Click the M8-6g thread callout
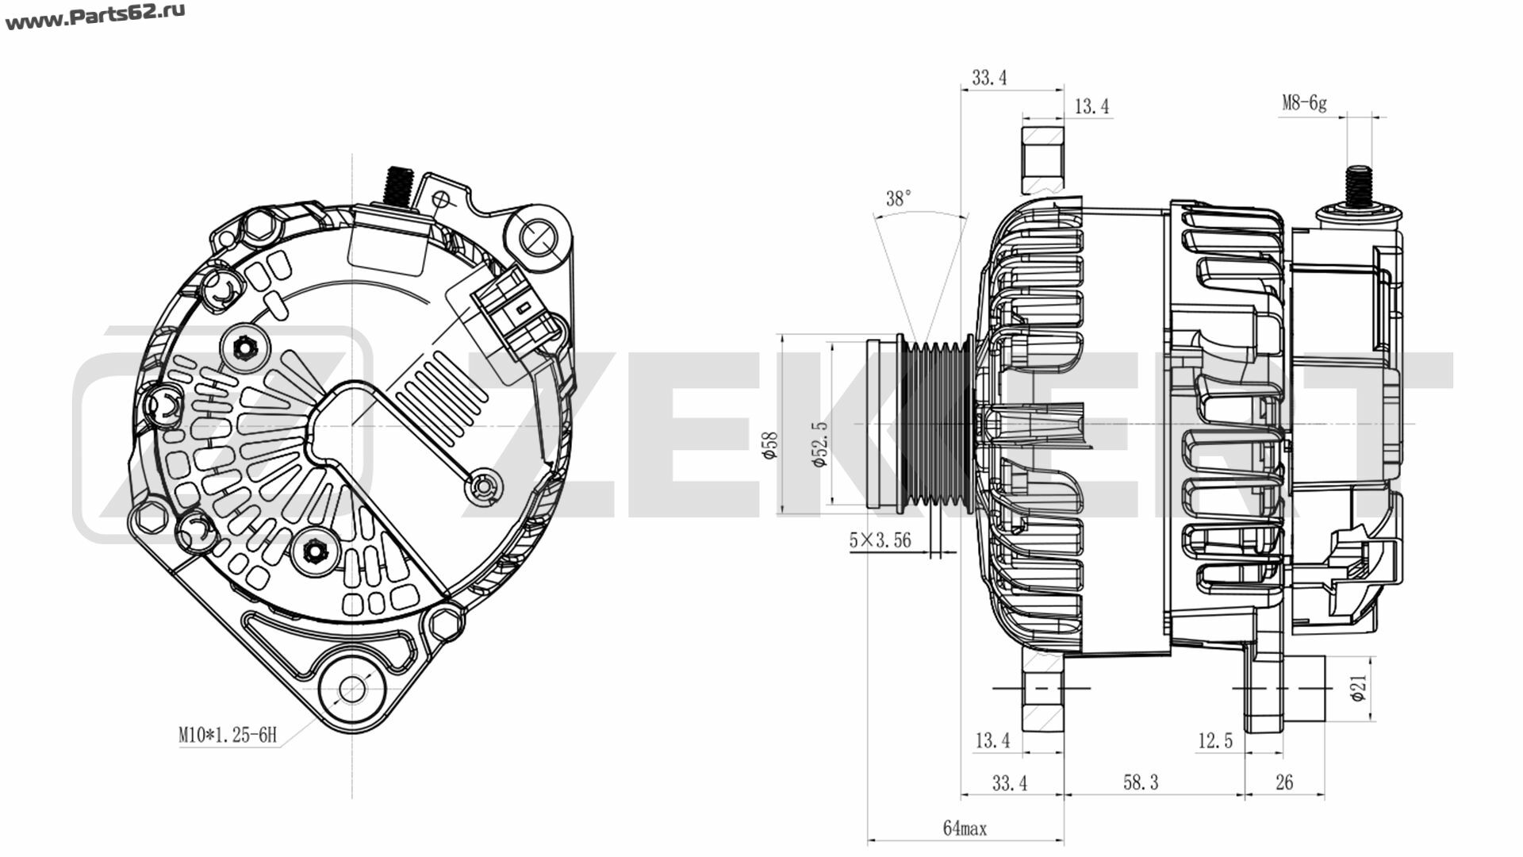pos(1304,103)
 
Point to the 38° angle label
pos(899,198)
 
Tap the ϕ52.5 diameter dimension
pos(819,444)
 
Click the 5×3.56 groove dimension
pos(880,540)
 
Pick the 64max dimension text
pos(965,828)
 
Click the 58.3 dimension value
pos(1141,782)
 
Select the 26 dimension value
pos(1284,782)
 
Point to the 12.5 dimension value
pos(1215,741)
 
